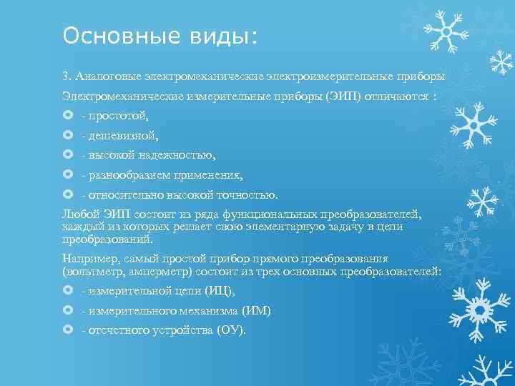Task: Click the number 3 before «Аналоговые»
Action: coord(65,75)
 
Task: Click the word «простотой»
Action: coord(119,115)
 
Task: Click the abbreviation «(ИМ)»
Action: coord(256,311)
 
